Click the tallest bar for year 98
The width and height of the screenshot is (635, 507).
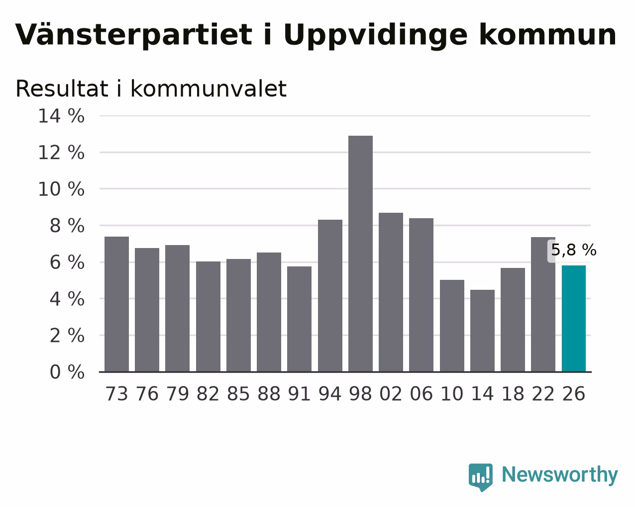point(360,254)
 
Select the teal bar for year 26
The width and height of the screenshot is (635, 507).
point(574,319)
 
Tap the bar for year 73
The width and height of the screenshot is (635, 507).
point(116,304)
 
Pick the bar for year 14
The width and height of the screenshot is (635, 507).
point(482,331)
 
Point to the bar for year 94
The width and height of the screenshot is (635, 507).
point(330,296)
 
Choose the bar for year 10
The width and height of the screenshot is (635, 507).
point(452,326)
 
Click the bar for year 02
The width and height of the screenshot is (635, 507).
point(391,292)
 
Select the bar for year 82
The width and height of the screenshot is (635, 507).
point(208,317)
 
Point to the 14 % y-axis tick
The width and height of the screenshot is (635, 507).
point(61,116)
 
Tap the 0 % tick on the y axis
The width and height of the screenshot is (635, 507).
point(67,372)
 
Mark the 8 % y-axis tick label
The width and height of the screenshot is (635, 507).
point(67,226)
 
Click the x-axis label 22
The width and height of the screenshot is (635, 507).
point(543,394)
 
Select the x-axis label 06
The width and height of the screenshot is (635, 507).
point(421,394)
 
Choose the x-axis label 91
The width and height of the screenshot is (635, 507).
point(299,394)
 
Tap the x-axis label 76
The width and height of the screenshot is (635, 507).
point(147,394)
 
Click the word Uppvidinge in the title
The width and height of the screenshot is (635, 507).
point(376,36)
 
